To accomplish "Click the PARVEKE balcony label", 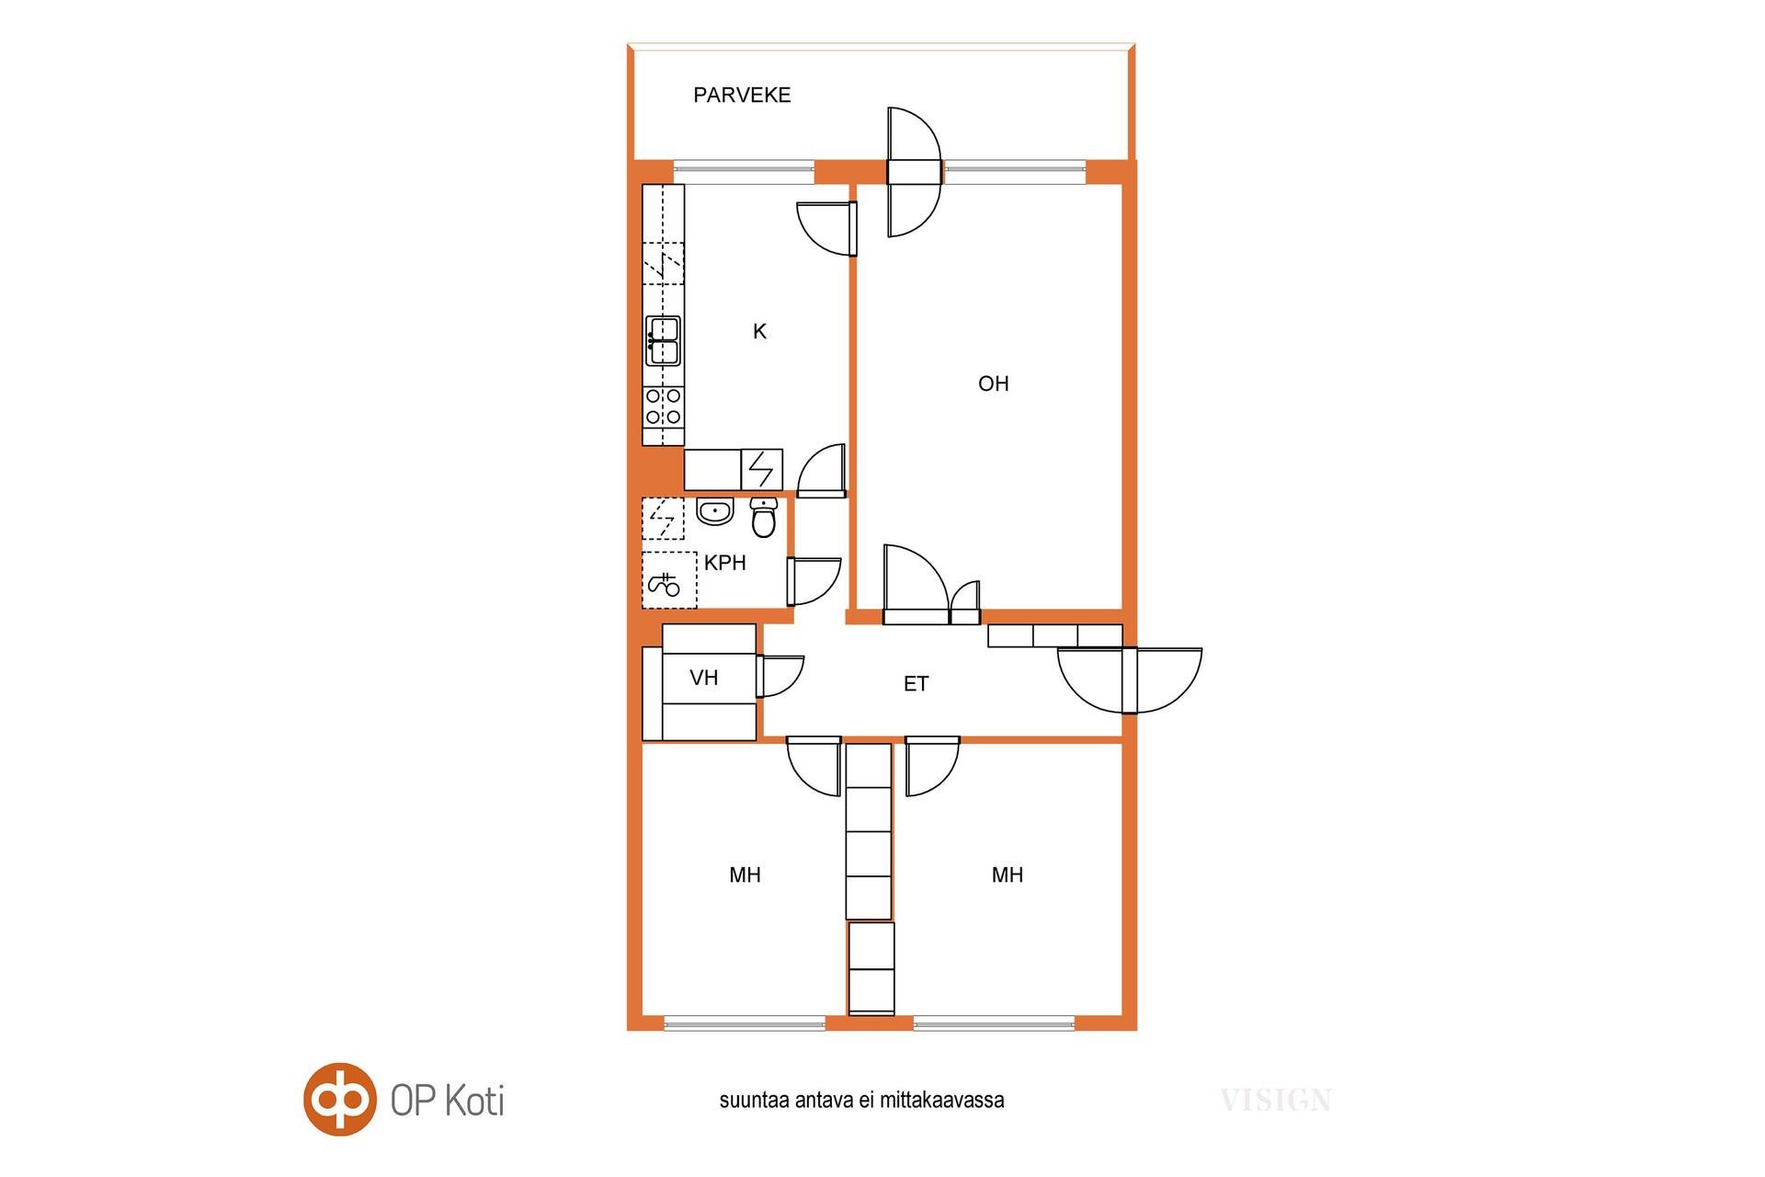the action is click(x=742, y=95).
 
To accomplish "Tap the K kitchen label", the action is click(x=759, y=331).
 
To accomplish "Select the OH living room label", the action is click(x=994, y=383).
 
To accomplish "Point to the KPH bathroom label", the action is click(x=725, y=563).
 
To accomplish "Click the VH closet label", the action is click(x=704, y=678).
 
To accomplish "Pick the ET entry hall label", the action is click(x=916, y=684).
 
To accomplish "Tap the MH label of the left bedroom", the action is click(x=745, y=874).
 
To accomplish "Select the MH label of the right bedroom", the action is click(x=1008, y=874).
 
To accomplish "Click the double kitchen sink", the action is click(x=663, y=340).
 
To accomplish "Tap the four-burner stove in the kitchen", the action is click(x=663, y=406).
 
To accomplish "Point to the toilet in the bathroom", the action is click(x=764, y=518).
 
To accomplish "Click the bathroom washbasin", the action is click(x=715, y=511).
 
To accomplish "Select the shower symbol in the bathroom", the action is click(x=669, y=579).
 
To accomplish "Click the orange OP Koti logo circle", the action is click(x=340, y=1099).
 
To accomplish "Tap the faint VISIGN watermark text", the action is click(x=1276, y=1100).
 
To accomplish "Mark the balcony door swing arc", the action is click(x=916, y=172).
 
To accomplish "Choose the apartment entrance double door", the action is click(x=1130, y=680).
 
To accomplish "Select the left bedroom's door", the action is click(x=814, y=766).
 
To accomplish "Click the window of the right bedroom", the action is click(x=994, y=1023).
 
